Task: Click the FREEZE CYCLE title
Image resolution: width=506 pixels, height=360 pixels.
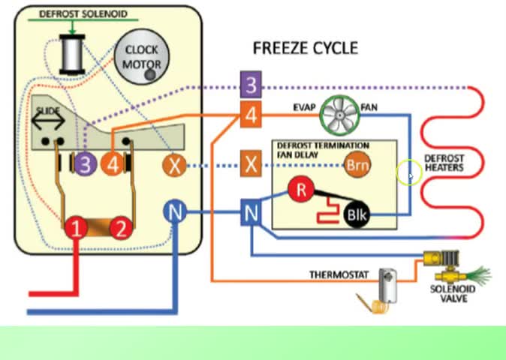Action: click(x=305, y=49)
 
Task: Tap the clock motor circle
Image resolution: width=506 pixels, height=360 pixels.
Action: click(x=142, y=57)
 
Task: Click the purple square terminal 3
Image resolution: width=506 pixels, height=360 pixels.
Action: click(x=251, y=85)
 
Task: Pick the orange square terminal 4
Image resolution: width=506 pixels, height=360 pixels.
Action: click(x=251, y=115)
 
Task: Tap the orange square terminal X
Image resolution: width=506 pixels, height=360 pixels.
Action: click(x=251, y=163)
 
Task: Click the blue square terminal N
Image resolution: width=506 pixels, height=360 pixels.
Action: click(x=251, y=214)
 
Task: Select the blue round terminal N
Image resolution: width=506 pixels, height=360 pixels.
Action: click(x=175, y=214)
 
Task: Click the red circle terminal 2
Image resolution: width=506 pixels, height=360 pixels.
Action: click(x=121, y=228)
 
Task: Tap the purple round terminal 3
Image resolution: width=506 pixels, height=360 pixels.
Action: click(x=86, y=163)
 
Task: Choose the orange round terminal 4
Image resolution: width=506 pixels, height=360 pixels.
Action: click(x=113, y=163)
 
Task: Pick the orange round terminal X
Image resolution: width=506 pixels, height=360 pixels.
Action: click(x=175, y=164)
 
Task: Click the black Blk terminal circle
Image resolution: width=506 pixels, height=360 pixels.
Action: click(x=356, y=214)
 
